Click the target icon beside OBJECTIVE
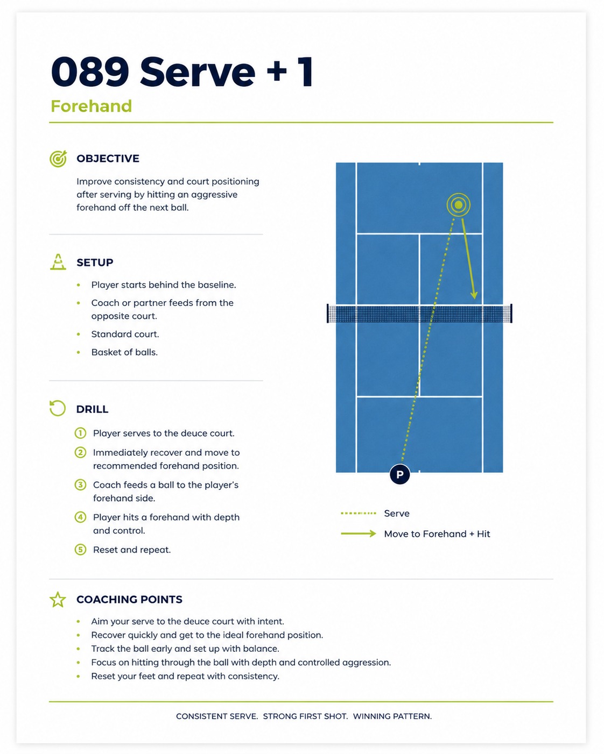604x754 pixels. point(58,159)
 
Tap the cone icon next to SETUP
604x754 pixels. point(58,262)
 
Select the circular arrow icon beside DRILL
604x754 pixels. point(58,408)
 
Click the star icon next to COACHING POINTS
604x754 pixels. point(58,600)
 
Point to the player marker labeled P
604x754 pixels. point(400,474)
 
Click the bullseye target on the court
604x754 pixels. point(459,204)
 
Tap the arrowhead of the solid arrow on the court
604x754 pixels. point(474,295)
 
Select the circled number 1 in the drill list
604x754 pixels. point(80,433)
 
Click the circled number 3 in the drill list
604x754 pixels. point(80,485)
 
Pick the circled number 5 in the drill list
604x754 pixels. point(80,550)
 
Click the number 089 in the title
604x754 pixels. point(90,72)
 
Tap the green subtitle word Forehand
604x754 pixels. point(91,106)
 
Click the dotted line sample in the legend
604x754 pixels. point(359,513)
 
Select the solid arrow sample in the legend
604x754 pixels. point(359,534)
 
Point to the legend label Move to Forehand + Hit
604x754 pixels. point(437,534)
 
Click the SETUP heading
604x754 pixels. point(95,262)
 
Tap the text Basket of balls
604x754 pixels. point(124,352)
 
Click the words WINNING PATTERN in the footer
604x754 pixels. point(392,716)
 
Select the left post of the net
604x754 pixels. point(328,313)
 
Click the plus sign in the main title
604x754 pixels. point(277,71)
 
